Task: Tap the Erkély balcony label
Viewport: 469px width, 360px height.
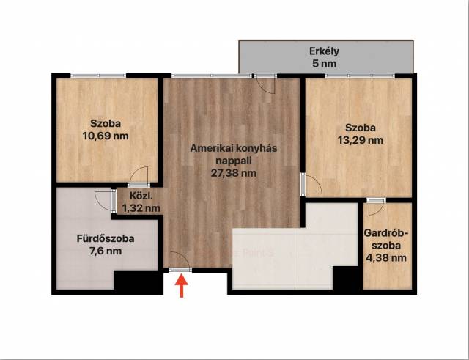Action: tap(324, 51)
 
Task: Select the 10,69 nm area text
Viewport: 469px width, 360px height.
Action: tap(106, 136)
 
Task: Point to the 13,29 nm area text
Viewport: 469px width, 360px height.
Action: tap(361, 140)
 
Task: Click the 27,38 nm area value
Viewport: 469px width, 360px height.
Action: tap(234, 173)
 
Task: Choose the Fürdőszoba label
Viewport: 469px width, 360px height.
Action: tap(106, 238)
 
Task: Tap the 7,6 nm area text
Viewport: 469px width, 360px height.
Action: tap(106, 251)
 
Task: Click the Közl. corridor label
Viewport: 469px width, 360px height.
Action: tap(141, 196)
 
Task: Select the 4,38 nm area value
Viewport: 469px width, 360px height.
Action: tap(386, 257)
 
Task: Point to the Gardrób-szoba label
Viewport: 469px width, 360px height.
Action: tap(386, 239)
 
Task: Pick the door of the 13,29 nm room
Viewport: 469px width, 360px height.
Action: tap(311, 184)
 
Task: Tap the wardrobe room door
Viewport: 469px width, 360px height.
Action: tap(376, 207)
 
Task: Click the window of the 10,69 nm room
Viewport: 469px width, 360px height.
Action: tap(98, 76)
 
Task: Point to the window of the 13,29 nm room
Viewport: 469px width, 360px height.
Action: tap(360, 76)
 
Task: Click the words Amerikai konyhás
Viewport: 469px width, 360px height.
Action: tap(234, 148)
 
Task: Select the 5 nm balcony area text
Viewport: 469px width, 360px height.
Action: tap(324, 64)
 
